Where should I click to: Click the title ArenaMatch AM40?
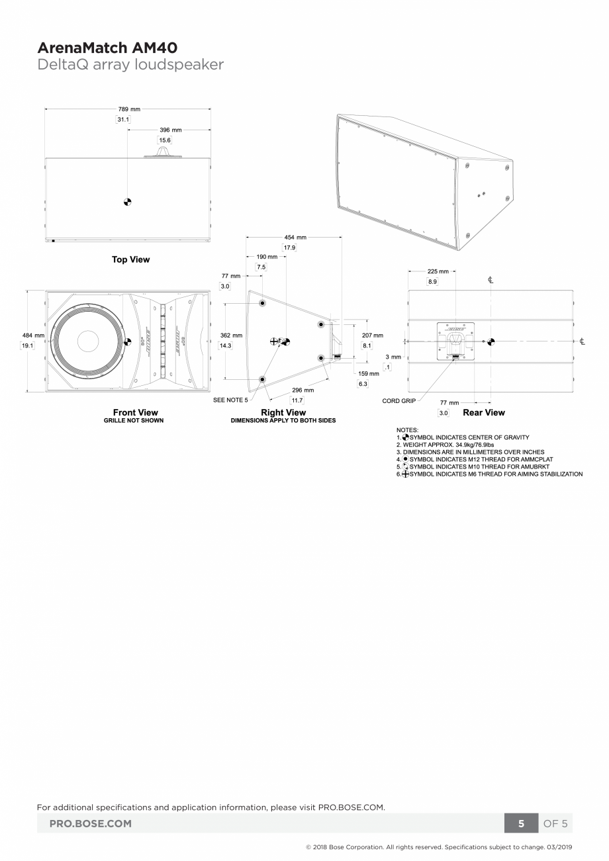107,48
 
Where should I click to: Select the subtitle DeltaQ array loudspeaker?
130,64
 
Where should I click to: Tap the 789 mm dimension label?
129,109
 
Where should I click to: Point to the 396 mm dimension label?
170,130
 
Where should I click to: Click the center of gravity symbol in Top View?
127,202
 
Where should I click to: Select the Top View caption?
130,259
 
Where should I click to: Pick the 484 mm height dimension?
33,336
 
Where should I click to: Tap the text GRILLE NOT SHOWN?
134,420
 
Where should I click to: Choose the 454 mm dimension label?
295,237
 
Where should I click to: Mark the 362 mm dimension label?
231,336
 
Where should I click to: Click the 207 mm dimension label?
372,336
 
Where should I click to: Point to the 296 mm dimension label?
303,390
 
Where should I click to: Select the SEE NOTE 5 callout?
230,400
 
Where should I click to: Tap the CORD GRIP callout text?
399,401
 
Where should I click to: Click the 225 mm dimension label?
438,271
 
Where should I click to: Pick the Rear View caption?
483,412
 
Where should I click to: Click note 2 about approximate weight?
445,445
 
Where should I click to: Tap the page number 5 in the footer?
521,824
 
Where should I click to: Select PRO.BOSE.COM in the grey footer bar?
91,824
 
